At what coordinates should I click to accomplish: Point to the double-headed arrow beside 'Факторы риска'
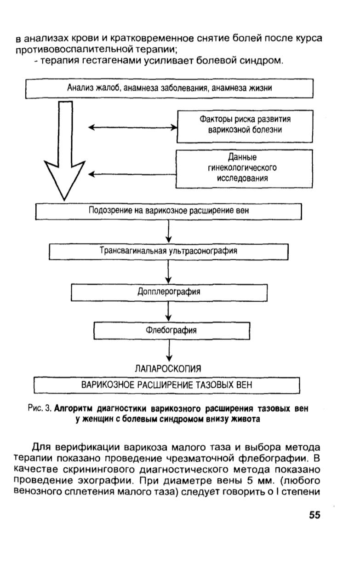pyautogui.click(x=133, y=127)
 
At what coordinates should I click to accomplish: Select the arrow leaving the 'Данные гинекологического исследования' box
pyautogui.click(x=132, y=174)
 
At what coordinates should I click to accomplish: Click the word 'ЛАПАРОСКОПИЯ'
pyautogui.click(x=168, y=369)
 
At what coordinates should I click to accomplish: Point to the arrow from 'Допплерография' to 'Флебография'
pyautogui.click(x=168, y=311)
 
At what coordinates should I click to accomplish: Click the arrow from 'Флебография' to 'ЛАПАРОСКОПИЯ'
pyautogui.click(x=169, y=350)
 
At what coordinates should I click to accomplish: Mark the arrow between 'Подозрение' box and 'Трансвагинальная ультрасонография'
pyautogui.click(x=168, y=231)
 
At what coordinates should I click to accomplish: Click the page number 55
pyautogui.click(x=314, y=515)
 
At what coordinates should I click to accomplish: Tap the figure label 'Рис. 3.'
pyautogui.click(x=40, y=408)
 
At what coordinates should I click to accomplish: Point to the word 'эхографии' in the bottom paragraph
pyautogui.click(x=106, y=481)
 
